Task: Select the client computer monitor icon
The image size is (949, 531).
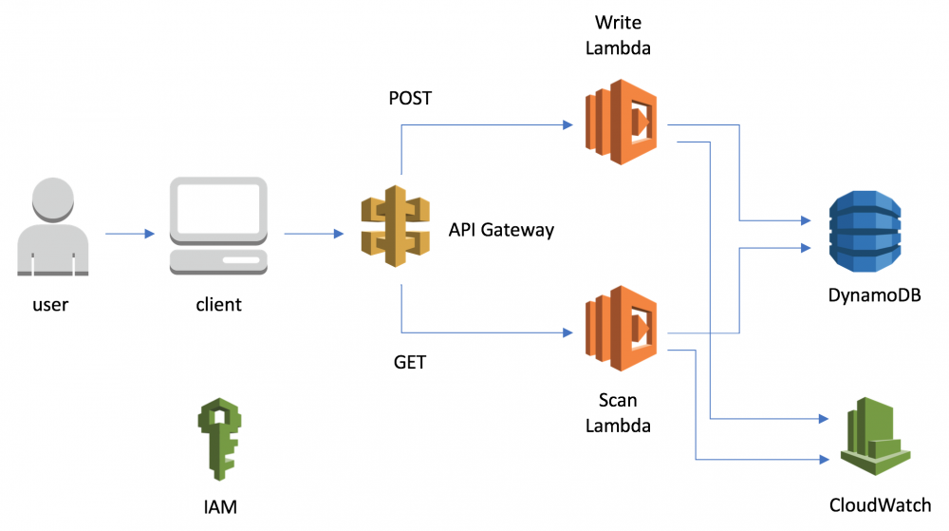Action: coord(218,225)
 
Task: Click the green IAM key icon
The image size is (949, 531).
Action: coord(218,437)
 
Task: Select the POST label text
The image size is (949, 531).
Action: coord(410,98)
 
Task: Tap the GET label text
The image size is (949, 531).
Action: coord(409,363)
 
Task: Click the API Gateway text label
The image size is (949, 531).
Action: coord(501,230)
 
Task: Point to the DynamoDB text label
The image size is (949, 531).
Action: coord(875,296)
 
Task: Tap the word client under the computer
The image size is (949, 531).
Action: coord(218,305)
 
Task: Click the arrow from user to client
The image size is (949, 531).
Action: coord(127,233)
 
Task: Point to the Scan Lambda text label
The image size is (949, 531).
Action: coord(618,414)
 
